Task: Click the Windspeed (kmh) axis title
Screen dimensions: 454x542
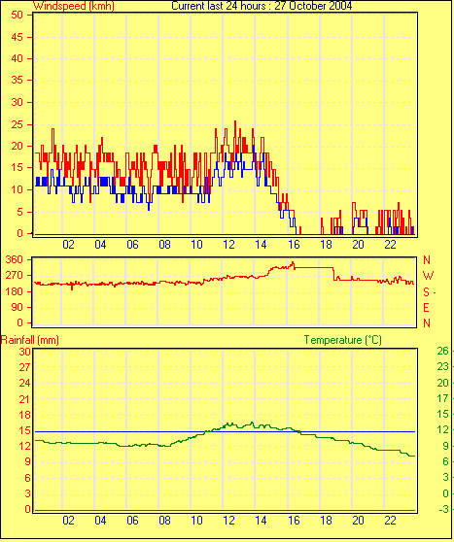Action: pyautogui.click(x=73, y=6)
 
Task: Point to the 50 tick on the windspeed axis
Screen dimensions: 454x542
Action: pyautogui.click(x=17, y=16)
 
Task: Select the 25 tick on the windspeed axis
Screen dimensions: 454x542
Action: pyautogui.click(x=17, y=124)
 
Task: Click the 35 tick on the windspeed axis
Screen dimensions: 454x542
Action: pyautogui.click(x=17, y=81)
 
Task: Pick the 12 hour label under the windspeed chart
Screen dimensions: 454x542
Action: pyautogui.click(x=228, y=245)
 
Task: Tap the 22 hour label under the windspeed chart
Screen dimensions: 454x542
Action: pyautogui.click(x=390, y=245)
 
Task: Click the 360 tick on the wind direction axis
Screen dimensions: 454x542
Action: pyautogui.click(x=15, y=259)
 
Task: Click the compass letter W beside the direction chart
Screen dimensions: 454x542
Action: pyautogui.click(x=429, y=276)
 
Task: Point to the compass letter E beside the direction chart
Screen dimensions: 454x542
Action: pyautogui.click(x=427, y=307)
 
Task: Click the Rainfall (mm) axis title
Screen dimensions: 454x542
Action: pyautogui.click(x=30, y=340)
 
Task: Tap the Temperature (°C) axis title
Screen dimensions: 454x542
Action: pyautogui.click(x=343, y=340)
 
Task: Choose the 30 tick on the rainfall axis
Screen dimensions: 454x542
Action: pyautogui.click(x=25, y=352)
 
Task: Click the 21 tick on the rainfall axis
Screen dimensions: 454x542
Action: pyautogui.click(x=25, y=399)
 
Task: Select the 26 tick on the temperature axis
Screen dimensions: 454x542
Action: pyautogui.click(x=443, y=351)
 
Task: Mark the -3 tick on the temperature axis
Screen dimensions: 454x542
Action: pyautogui.click(x=443, y=509)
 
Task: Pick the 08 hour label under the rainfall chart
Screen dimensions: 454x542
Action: pyautogui.click(x=164, y=521)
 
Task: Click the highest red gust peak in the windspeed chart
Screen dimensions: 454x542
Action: pyautogui.click(x=235, y=121)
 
